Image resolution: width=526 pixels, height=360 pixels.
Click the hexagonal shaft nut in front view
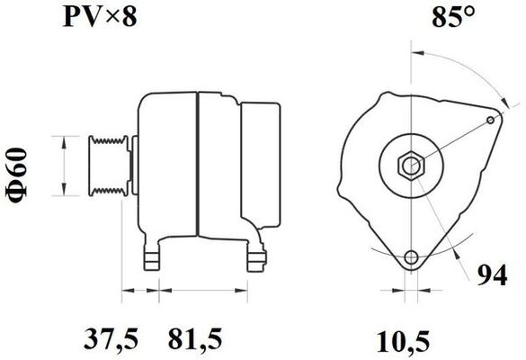(x=411, y=166)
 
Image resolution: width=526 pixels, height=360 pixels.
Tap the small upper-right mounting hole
(x=489, y=120)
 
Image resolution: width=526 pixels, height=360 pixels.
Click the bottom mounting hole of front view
(x=412, y=258)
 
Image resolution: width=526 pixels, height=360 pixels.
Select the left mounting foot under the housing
(x=155, y=256)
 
